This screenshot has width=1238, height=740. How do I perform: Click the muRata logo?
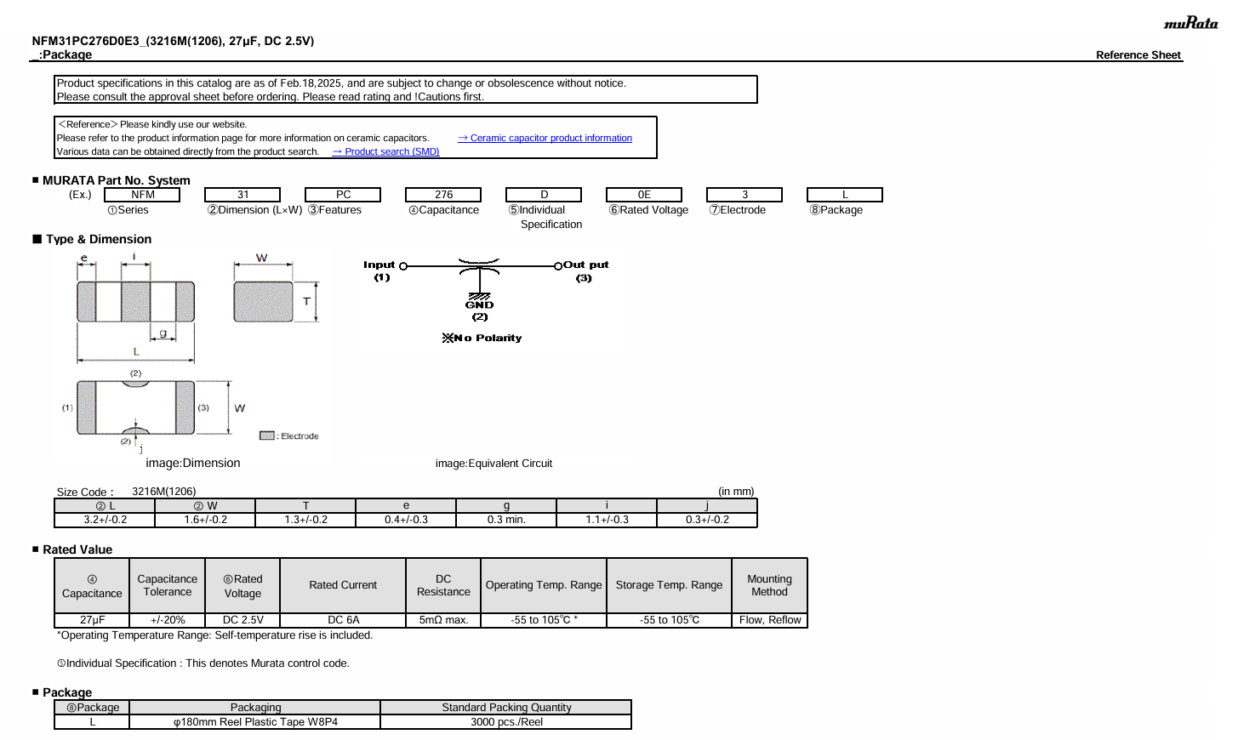1190,23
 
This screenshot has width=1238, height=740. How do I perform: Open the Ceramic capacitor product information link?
545,138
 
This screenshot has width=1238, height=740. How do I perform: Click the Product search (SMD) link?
385,151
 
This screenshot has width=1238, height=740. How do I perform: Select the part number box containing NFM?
142,195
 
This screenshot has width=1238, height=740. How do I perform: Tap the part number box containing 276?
443,195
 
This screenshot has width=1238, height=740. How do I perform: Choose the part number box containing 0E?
644,195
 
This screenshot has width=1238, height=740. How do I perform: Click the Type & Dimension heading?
99,239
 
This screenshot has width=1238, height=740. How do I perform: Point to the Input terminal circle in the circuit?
403,266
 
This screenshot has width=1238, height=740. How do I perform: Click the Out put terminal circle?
558,266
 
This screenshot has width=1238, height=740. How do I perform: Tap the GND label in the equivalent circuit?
479,305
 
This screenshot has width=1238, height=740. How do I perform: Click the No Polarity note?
482,338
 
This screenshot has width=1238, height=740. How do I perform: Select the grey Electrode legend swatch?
267,435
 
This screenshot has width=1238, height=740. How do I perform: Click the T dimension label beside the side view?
307,301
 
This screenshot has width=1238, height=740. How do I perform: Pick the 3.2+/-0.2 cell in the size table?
105,520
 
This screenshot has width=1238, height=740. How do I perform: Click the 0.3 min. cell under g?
506,520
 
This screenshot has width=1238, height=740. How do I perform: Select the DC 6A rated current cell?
343,620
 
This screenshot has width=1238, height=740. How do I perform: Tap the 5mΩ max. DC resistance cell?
443,620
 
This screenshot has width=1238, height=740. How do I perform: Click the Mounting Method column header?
769,585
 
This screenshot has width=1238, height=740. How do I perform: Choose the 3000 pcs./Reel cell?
506,722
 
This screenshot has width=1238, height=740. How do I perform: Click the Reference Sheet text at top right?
1138,55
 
